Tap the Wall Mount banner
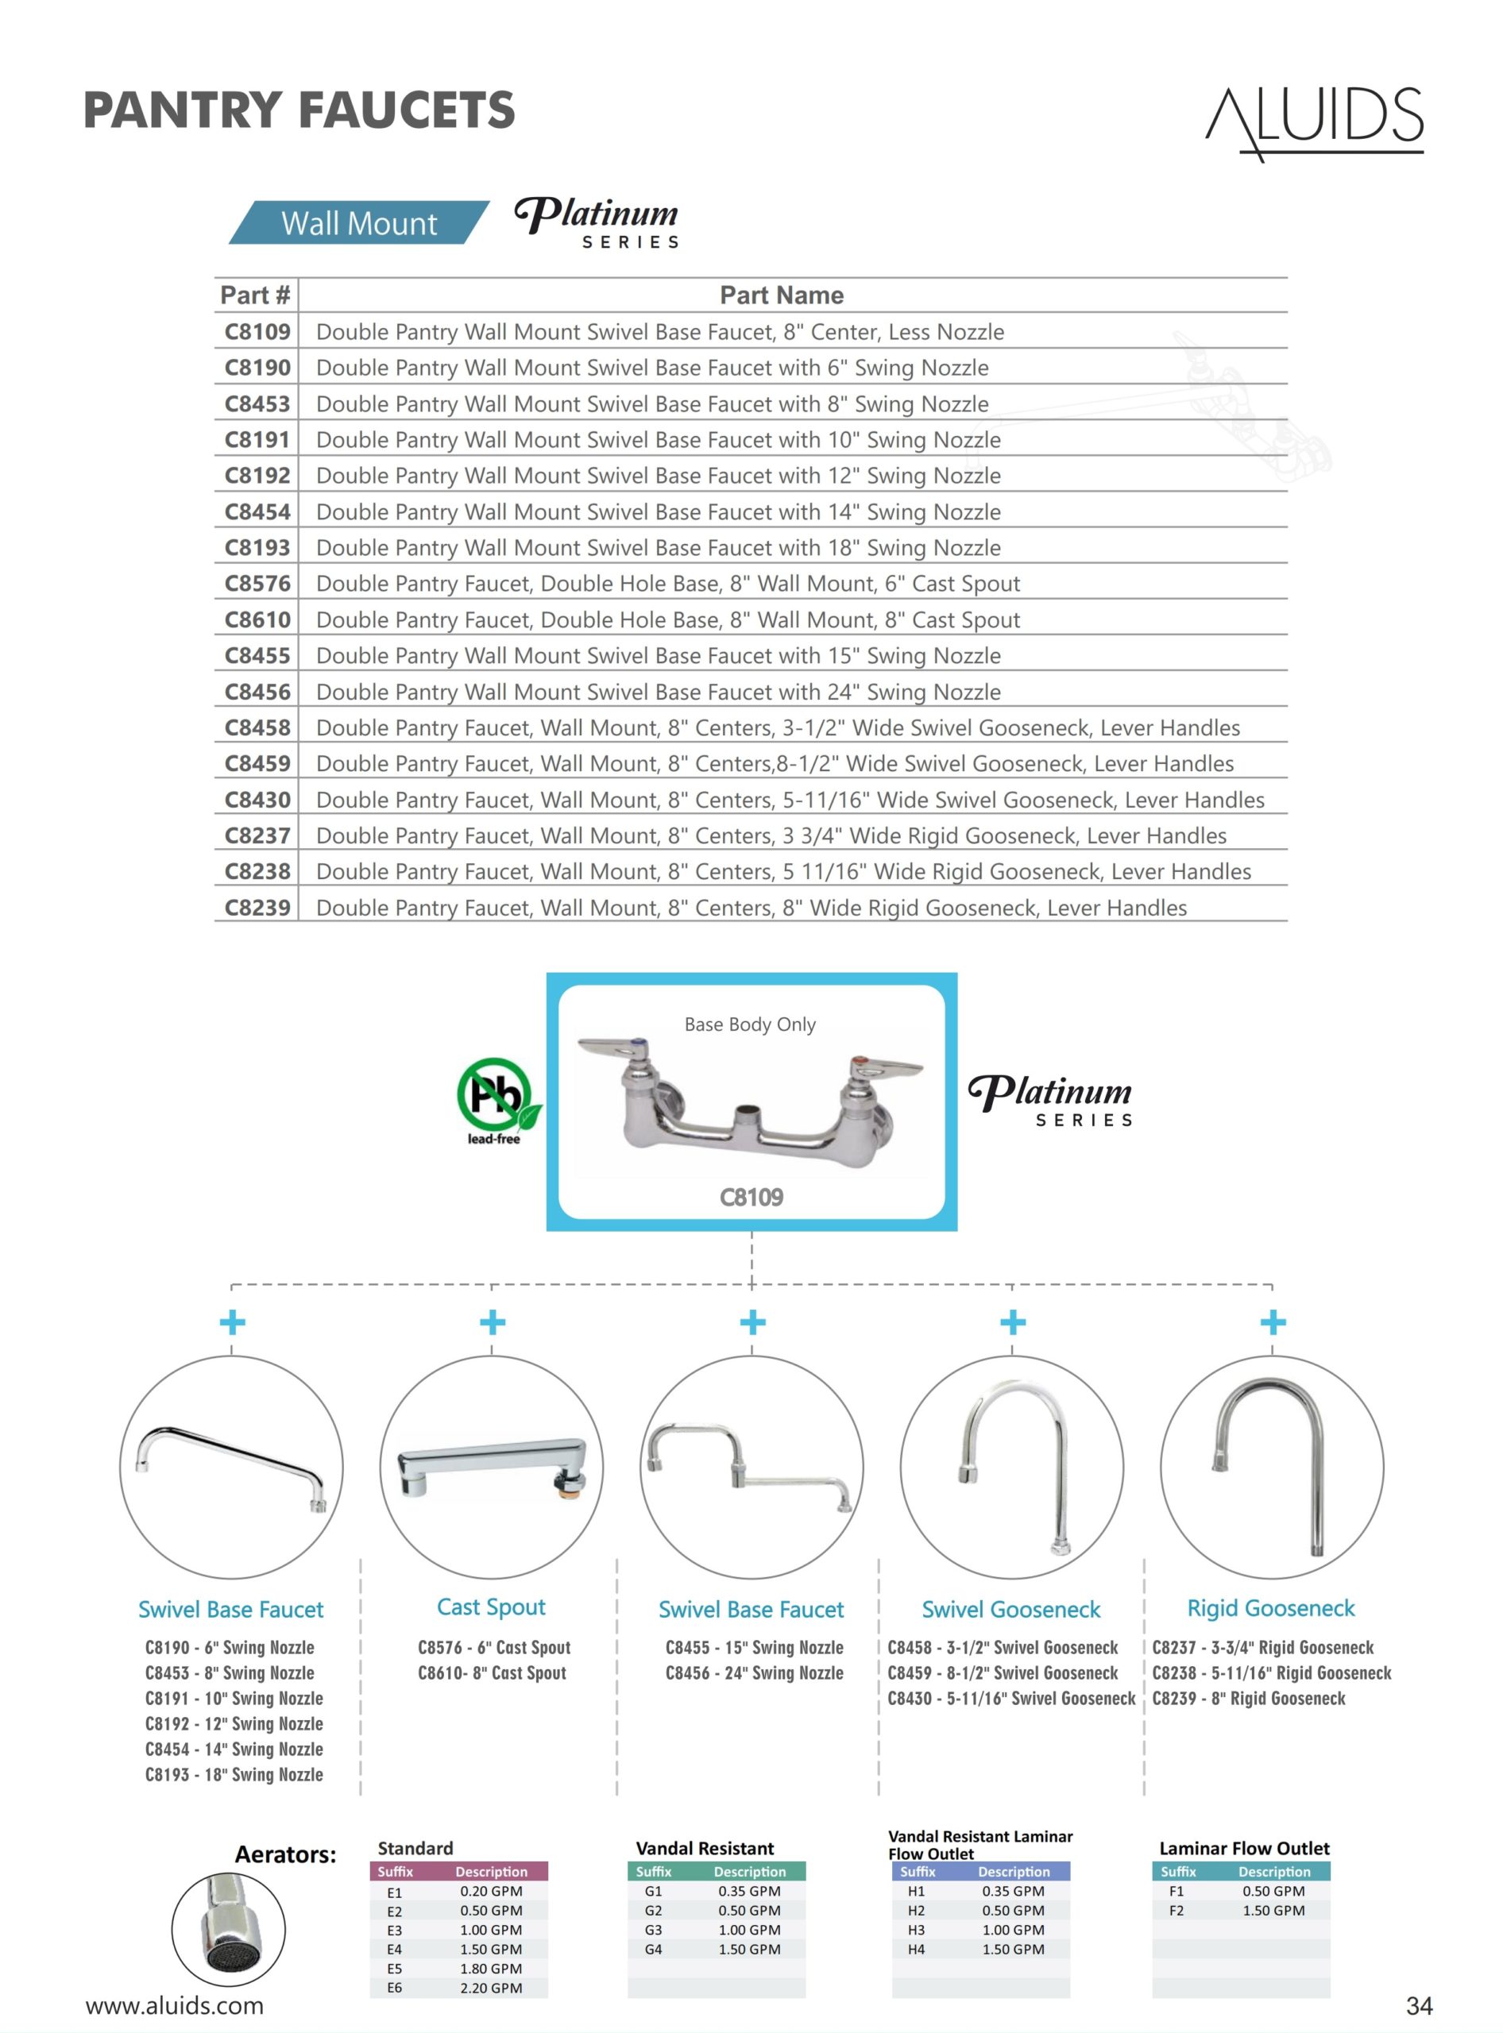358,223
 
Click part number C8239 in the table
257,907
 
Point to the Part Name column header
782,295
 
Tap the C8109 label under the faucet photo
751,1197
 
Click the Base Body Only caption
750,1024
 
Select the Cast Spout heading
491,1607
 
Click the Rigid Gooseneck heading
1270,1607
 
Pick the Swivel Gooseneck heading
1010,1609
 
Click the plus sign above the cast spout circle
493,1321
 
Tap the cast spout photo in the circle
491,1466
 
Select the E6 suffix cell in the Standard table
394,1988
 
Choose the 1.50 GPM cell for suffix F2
1273,1910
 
